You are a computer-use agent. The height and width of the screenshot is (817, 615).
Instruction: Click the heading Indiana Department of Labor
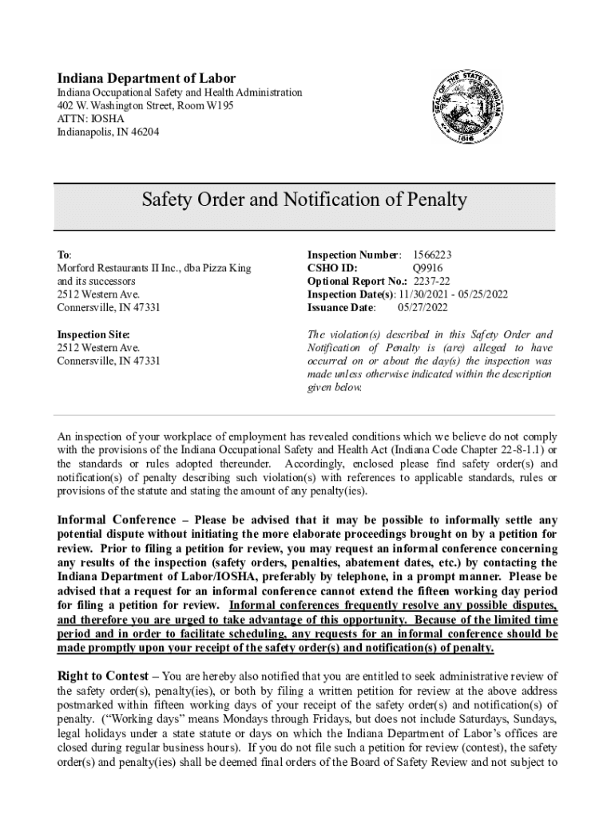146,78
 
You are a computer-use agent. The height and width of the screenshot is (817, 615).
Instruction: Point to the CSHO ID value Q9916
427,268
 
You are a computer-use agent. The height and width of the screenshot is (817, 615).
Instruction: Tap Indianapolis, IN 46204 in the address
108,132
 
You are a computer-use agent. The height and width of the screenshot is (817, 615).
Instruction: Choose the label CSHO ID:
332,268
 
